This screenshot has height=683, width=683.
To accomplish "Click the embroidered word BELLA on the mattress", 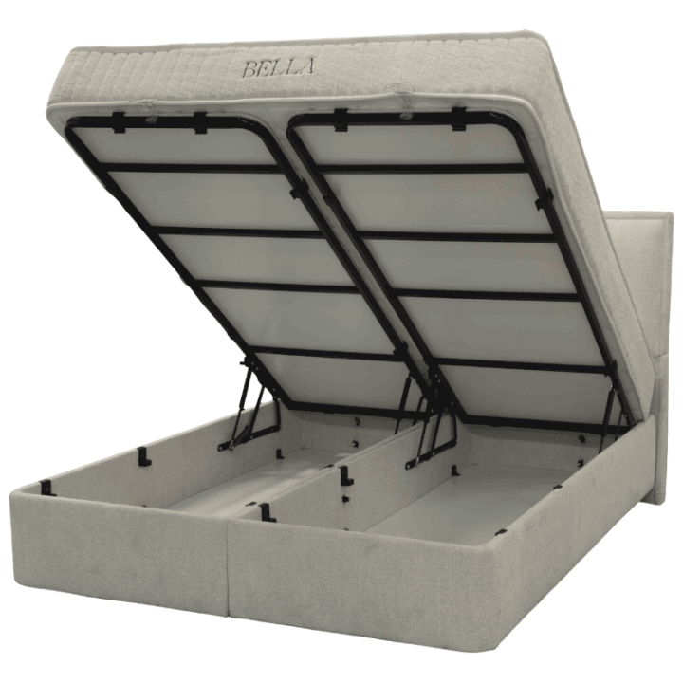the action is (x=277, y=67).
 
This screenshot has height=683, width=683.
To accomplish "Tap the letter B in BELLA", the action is (x=250, y=69).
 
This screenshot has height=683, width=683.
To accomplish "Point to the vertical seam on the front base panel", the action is (x=229, y=567).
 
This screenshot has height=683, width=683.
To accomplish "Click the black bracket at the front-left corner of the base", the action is (x=46, y=488).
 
